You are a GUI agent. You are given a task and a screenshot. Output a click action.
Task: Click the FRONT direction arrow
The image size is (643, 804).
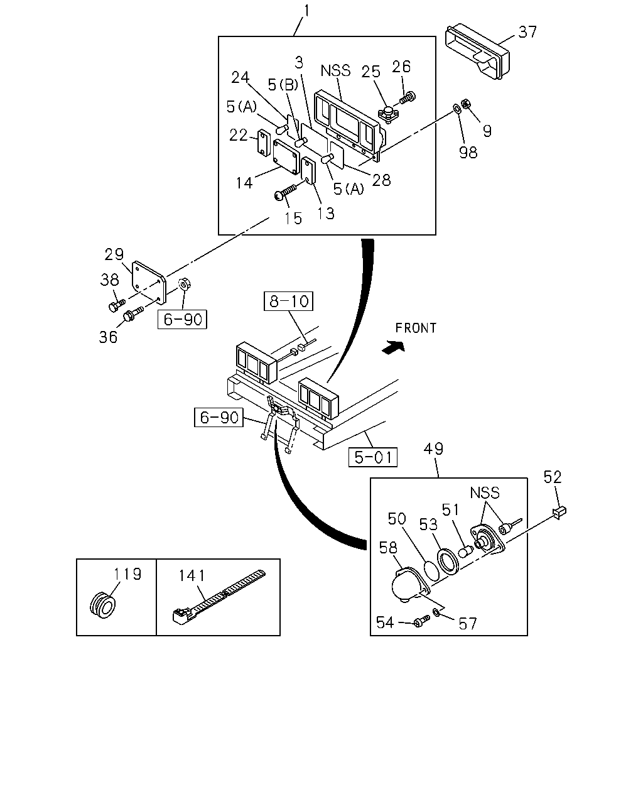click(x=394, y=347)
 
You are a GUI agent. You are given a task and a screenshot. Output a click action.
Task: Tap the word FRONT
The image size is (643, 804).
click(x=416, y=328)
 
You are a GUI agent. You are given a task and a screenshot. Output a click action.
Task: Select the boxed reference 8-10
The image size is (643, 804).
click(x=288, y=301)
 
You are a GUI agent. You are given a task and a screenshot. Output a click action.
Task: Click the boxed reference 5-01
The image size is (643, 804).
click(x=372, y=457)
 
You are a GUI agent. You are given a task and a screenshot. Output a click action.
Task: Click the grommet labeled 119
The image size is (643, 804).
click(x=103, y=605)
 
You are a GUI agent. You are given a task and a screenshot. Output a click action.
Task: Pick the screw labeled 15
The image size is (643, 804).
click(x=286, y=192)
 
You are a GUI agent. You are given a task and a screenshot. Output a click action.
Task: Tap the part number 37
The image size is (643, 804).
click(x=527, y=32)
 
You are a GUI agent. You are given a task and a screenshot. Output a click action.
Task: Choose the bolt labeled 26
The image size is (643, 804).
click(x=408, y=98)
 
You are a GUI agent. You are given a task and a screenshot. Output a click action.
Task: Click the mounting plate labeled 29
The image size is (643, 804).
click(x=149, y=283)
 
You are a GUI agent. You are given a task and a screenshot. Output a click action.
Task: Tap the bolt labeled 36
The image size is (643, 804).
click(x=132, y=315)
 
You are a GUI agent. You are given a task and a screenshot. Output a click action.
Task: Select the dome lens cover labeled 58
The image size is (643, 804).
click(x=410, y=585)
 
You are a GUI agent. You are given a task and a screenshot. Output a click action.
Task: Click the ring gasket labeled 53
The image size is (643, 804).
click(x=447, y=562)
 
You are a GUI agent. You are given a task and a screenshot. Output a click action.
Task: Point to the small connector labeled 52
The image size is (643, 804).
click(x=559, y=513)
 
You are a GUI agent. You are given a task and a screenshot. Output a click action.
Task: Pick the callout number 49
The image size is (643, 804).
click(x=433, y=448)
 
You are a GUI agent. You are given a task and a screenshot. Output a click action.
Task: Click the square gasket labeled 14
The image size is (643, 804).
click(x=286, y=157)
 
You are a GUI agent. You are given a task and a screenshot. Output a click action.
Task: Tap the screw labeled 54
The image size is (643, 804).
click(x=422, y=622)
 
